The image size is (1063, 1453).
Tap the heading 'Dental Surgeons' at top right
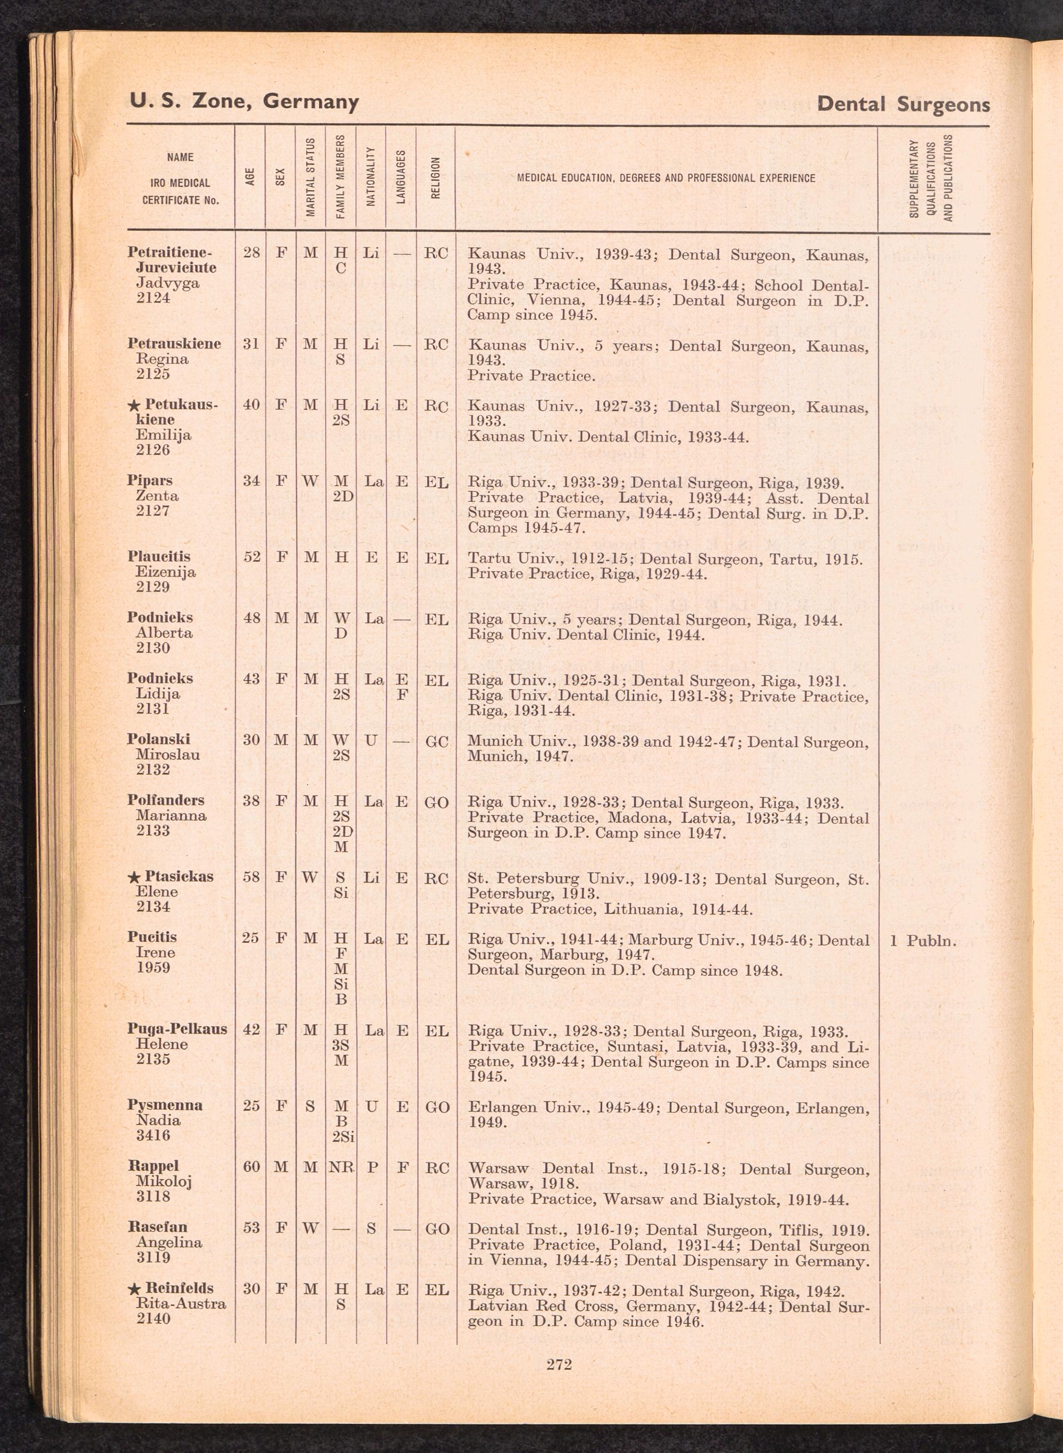click(903, 104)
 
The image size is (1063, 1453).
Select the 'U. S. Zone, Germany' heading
click(244, 101)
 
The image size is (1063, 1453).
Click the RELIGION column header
click(436, 178)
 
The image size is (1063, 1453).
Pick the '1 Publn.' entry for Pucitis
click(923, 941)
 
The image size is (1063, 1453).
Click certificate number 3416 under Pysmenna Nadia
click(153, 1135)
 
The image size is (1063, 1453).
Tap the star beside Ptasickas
click(134, 877)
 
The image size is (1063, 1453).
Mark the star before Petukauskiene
click(134, 406)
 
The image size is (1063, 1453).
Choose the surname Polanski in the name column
click(158, 739)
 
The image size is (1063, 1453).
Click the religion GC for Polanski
click(436, 741)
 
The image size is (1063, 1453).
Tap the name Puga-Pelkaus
click(177, 1029)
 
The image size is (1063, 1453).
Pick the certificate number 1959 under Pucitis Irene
click(153, 968)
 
